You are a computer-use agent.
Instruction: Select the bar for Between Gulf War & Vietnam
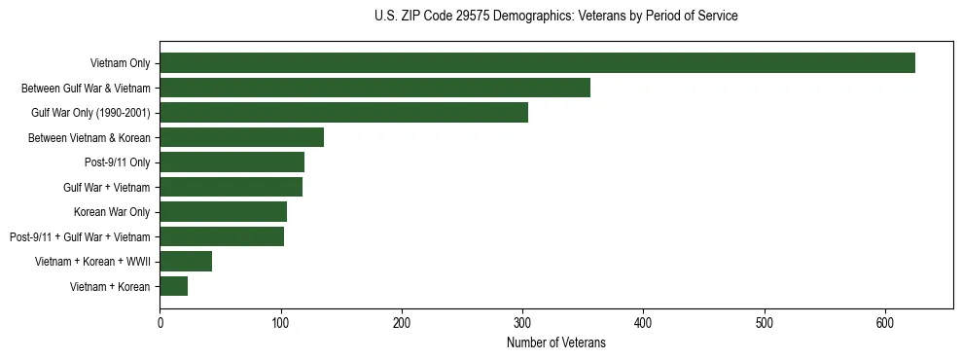click(x=374, y=88)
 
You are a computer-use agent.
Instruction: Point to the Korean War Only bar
click(x=223, y=211)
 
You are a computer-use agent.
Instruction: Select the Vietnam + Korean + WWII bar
click(x=186, y=261)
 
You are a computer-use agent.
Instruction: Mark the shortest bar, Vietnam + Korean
click(x=173, y=286)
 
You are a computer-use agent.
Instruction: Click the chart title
click(x=555, y=17)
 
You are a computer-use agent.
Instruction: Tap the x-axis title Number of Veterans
click(x=555, y=342)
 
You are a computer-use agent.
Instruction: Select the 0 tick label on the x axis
click(x=160, y=323)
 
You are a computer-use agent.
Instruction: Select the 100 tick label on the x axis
click(x=280, y=323)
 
